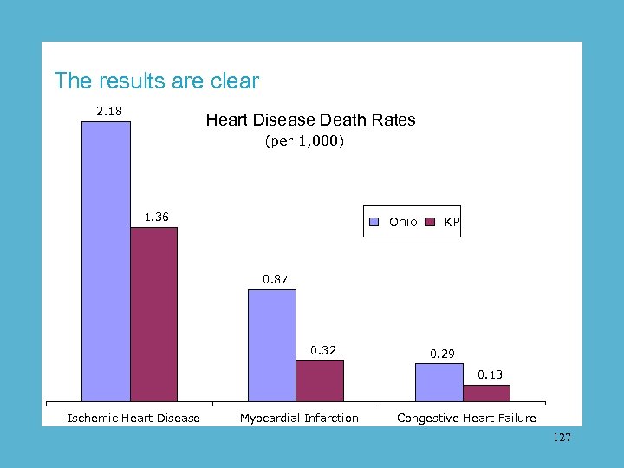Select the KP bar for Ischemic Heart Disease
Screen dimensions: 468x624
pyautogui.click(x=153, y=315)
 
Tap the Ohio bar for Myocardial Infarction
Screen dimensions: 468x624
pyautogui.click(x=272, y=346)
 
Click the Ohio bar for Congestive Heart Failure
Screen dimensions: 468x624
pyautogui.click(x=439, y=382)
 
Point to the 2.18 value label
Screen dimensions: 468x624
pyautogui.click(x=108, y=111)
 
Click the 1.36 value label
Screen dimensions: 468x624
pyautogui.click(x=156, y=217)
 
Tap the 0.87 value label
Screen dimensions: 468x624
pyautogui.click(x=276, y=279)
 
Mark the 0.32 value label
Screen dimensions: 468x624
pyautogui.click(x=323, y=350)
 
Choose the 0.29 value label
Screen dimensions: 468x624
pyautogui.click(x=442, y=354)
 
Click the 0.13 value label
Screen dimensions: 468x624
pyautogui.click(x=490, y=374)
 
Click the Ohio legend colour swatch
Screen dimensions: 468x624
pyautogui.click(x=374, y=223)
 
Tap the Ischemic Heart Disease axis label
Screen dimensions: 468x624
pyautogui.click(x=133, y=419)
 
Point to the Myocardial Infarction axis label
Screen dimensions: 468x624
pyautogui.click(x=299, y=419)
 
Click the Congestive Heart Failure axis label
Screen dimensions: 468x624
pyautogui.click(x=466, y=419)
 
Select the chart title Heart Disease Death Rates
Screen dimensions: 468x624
pyautogui.click(x=310, y=120)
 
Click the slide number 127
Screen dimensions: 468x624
pyautogui.click(x=562, y=439)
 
